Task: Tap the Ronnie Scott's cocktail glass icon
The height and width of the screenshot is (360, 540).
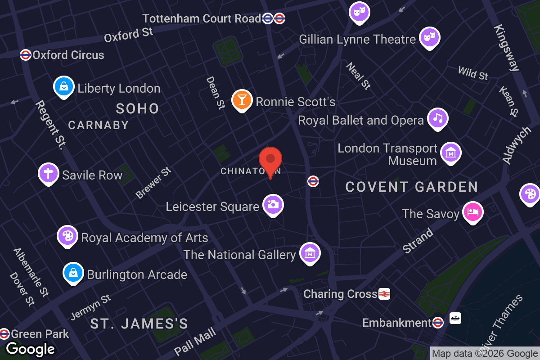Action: tap(242, 100)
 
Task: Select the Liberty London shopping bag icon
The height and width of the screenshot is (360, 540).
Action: tap(64, 87)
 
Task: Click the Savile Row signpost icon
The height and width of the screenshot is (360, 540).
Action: tap(49, 174)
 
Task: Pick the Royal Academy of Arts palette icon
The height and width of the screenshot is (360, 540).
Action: tap(67, 236)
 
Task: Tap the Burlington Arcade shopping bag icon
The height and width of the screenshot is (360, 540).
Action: tap(73, 273)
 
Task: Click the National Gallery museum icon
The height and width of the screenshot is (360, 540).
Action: tap(310, 254)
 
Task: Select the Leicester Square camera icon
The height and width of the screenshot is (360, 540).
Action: tap(273, 205)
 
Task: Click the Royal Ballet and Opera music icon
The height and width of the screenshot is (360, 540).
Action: tap(437, 119)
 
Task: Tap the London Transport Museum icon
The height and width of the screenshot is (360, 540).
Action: tap(450, 153)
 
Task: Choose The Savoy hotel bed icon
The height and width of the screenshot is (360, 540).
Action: tap(472, 212)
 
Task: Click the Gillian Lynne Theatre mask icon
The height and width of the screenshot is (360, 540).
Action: tap(429, 38)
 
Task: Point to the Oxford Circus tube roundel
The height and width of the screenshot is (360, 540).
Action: tap(26, 55)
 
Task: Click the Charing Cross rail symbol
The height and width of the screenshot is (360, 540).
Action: tap(384, 294)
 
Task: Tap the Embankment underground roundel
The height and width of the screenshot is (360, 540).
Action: tap(438, 322)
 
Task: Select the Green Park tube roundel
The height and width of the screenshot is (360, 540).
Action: tap(4, 333)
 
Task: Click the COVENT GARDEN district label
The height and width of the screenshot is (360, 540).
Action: tap(411, 187)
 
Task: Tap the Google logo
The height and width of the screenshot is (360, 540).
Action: tap(30, 349)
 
